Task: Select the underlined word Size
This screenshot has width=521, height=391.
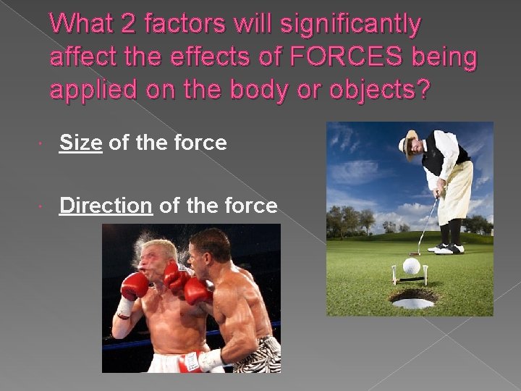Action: (x=80, y=143)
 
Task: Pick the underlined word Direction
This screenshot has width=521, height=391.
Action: (x=106, y=206)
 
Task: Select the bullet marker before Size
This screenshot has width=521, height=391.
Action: (x=44, y=144)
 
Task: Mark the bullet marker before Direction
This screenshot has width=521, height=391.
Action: (x=44, y=207)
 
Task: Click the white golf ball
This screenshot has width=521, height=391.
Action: (x=411, y=266)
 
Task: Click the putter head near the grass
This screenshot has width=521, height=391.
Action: (x=415, y=253)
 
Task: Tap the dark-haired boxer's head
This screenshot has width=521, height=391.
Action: (x=209, y=250)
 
